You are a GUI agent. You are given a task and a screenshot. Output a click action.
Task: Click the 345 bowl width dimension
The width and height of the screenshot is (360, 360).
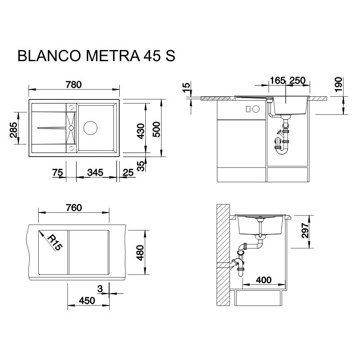point(95,172)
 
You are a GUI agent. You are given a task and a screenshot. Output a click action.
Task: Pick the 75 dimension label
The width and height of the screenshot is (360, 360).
point(57,172)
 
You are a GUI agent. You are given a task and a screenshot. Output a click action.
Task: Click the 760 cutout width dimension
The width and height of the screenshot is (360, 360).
point(73,207)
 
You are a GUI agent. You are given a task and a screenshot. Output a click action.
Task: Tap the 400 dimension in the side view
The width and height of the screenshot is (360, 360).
point(263,280)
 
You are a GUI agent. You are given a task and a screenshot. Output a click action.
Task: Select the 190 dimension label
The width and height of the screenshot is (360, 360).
point(338,84)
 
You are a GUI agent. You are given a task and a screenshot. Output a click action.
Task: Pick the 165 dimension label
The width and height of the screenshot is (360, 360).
point(277,81)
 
